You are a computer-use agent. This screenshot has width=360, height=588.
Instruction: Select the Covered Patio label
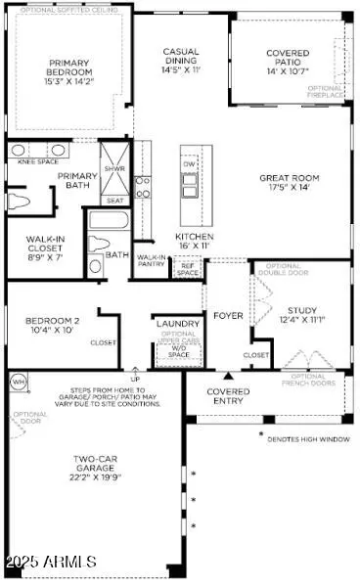[288, 62]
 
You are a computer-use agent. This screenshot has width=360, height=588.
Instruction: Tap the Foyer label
[228, 315]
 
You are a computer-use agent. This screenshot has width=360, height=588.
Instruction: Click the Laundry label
[178, 323]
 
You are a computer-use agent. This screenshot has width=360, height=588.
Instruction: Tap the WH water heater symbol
[18, 381]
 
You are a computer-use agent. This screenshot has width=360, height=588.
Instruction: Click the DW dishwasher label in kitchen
[190, 165]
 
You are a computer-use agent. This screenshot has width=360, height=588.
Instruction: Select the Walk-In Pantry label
[151, 260]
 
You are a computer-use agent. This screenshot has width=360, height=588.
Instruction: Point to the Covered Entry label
[228, 396]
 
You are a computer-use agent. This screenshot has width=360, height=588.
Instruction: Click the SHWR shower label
[114, 168]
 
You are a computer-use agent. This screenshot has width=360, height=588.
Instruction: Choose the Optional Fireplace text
[325, 93]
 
